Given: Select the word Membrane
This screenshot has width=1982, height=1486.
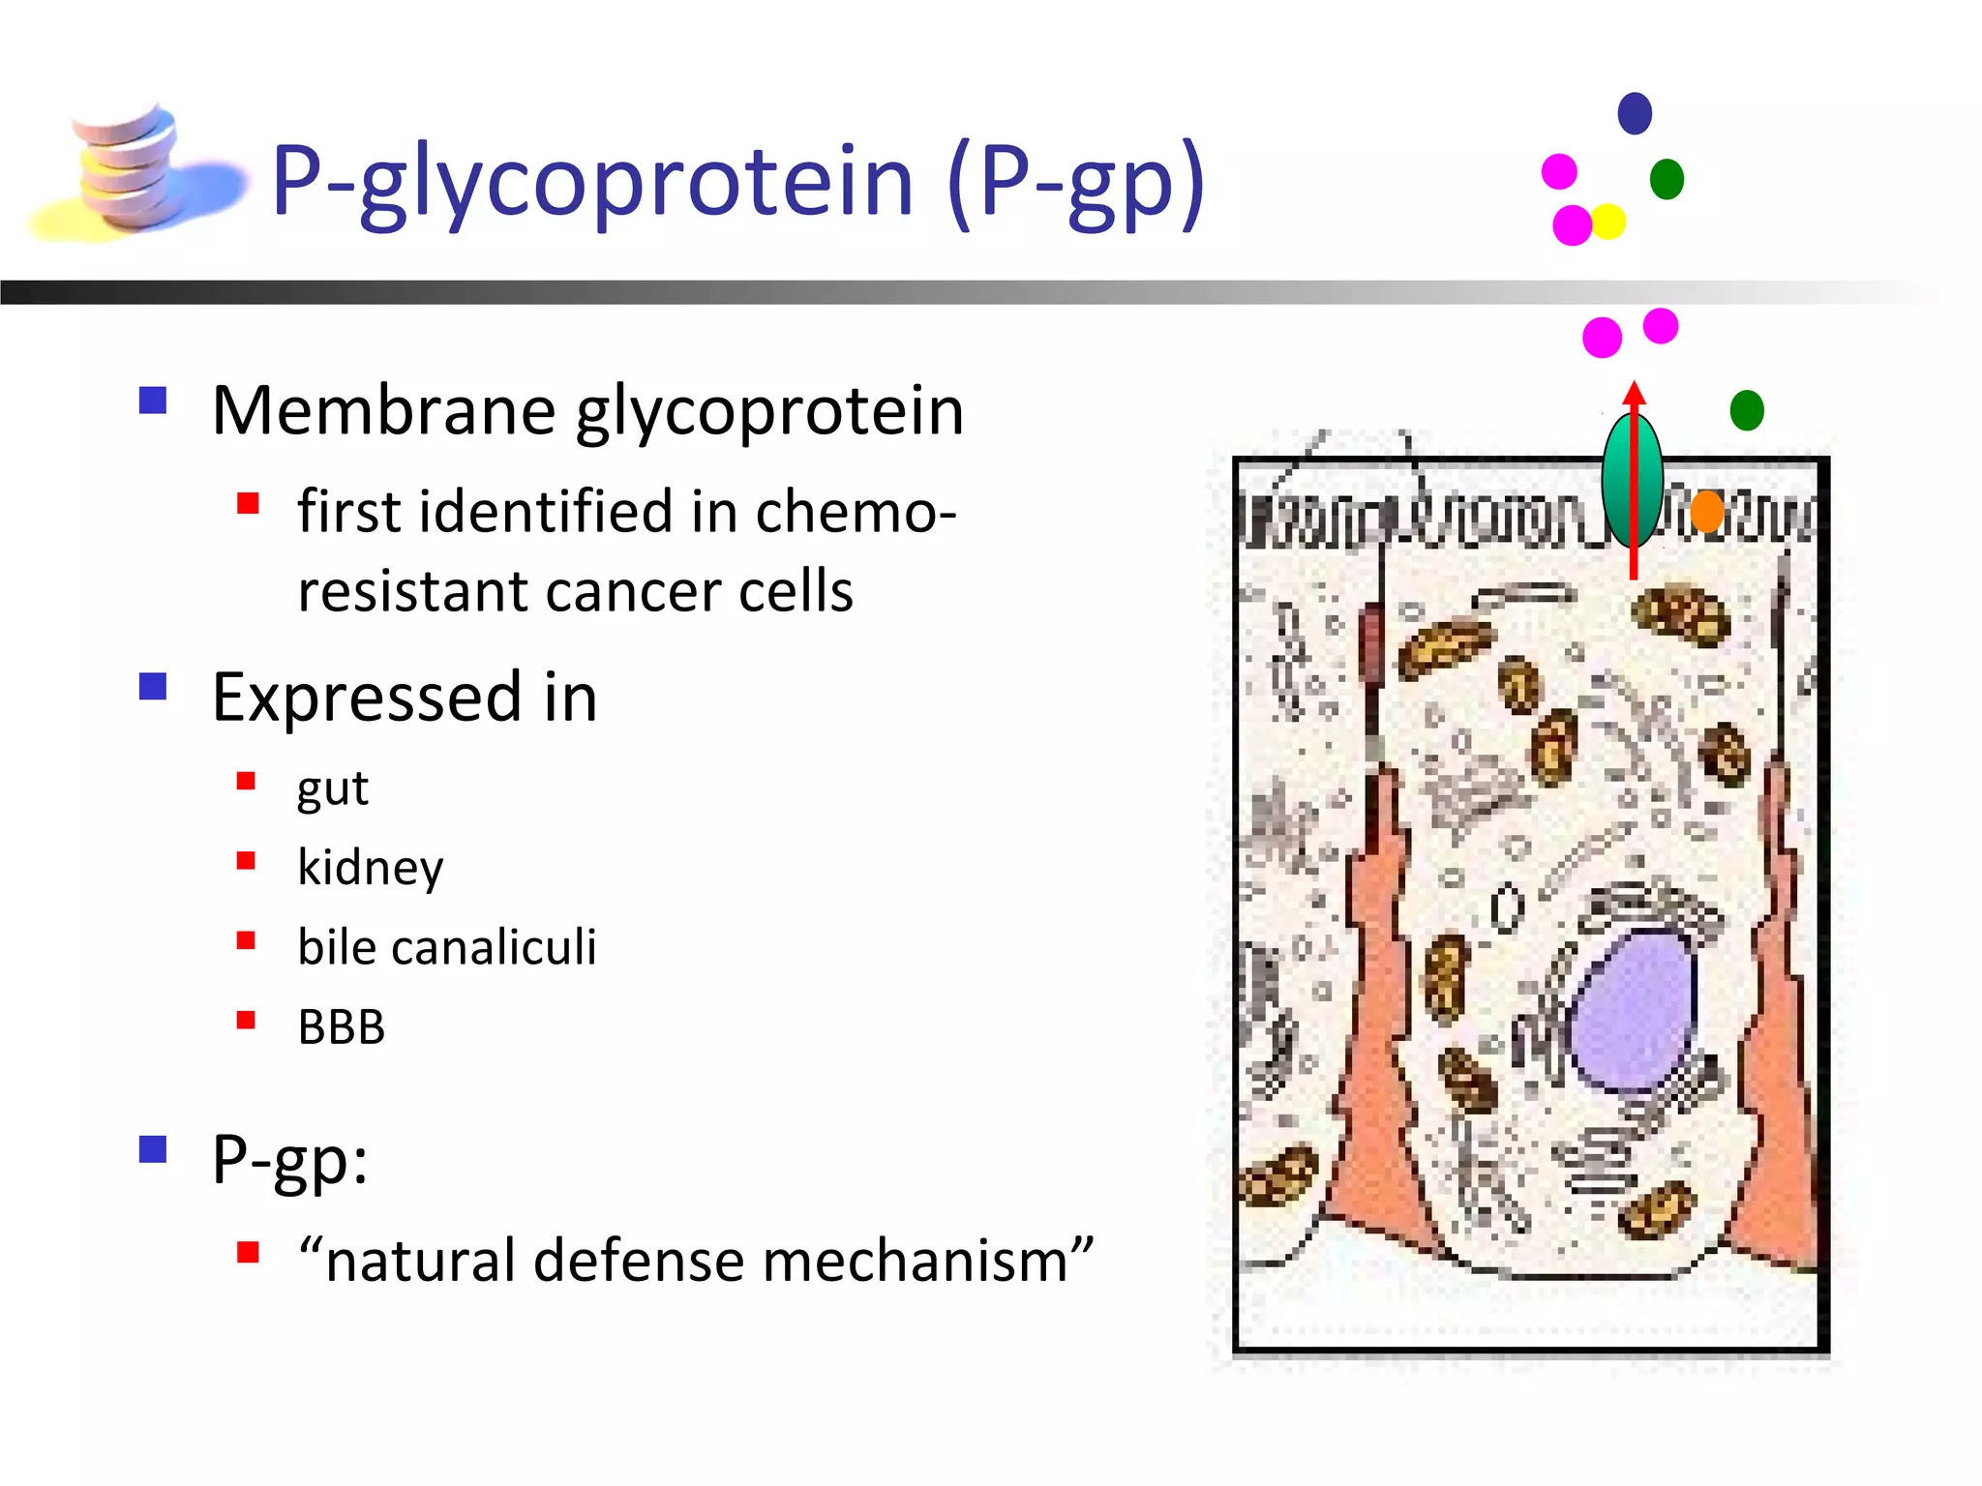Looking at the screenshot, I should click(x=383, y=411).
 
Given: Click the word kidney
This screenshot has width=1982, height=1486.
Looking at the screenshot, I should click(x=370, y=868).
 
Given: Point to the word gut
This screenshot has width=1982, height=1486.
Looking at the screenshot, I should click(x=332, y=789).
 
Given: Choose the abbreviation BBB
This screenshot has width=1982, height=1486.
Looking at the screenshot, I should click(x=341, y=1027).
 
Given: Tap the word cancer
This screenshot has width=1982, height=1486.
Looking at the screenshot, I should click(x=632, y=592).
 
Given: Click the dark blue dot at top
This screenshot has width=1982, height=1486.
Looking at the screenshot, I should click(x=1635, y=113).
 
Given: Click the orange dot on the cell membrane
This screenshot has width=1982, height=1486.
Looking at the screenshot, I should click(x=1707, y=511).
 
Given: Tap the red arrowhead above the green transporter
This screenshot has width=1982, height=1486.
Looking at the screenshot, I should click(x=1635, y=393).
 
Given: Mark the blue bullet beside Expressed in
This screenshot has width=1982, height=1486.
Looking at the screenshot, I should click(x=153, y=687).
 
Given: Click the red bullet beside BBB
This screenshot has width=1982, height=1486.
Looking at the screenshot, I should click(x=246, y=1020).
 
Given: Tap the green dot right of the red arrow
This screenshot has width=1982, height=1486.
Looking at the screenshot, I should click(x=1747, y=410).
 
